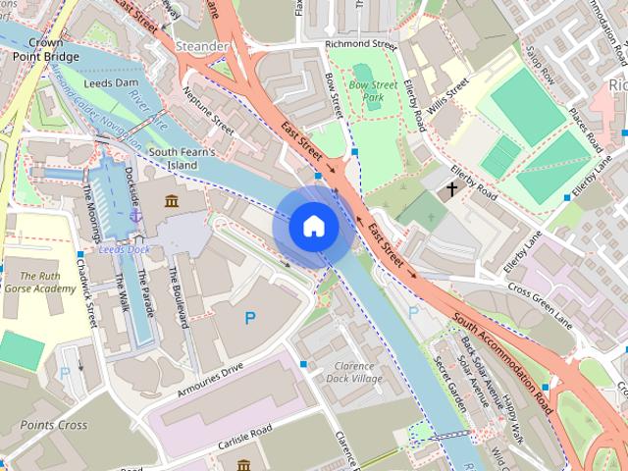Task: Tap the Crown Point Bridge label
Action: tap(39, 49)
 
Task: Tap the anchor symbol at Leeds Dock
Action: tap(135, 214)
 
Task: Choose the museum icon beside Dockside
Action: tap(173, 202)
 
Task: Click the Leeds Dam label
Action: tap(112, 83)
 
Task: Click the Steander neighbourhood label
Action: tap(203, 46)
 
